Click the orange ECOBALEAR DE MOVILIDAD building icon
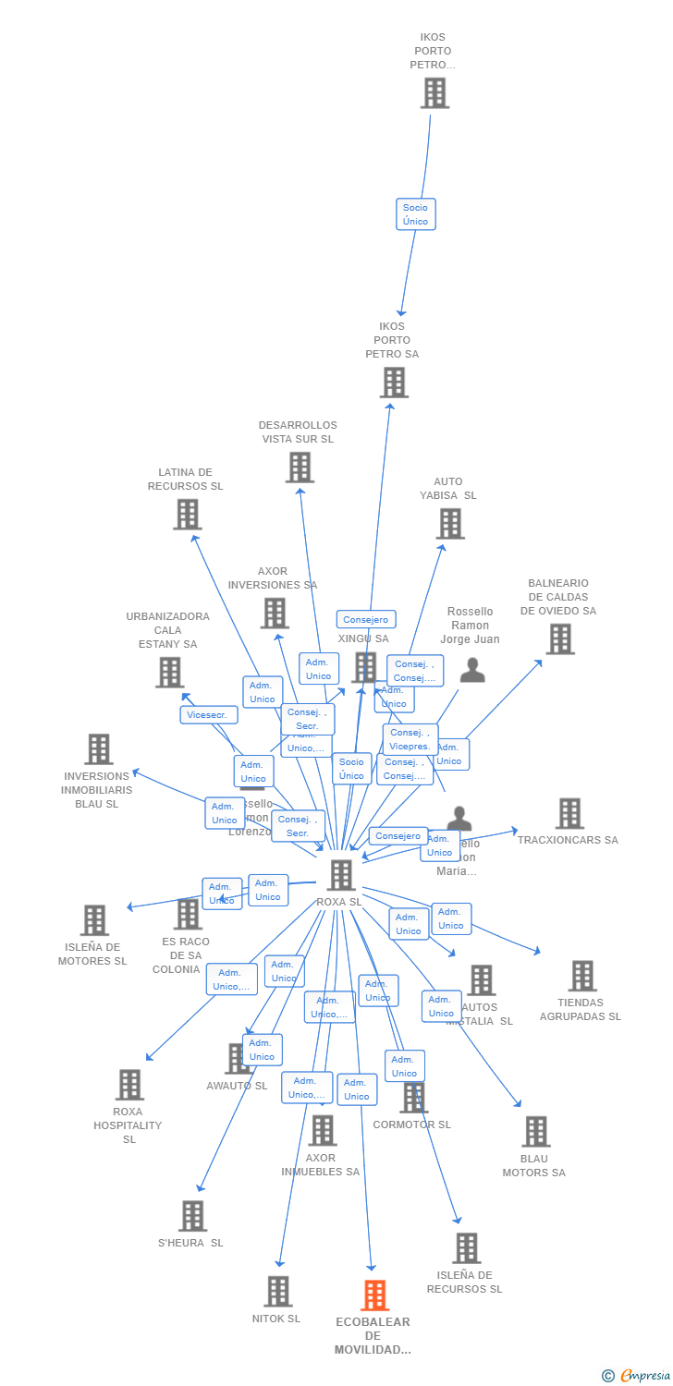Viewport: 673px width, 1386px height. click(x=374, y=1295)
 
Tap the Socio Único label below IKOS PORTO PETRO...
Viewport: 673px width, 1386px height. click(x=415, y=214)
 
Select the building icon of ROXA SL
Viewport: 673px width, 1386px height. click(x=341, y=875)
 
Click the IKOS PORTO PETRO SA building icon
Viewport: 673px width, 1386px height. click(x=394, y=383)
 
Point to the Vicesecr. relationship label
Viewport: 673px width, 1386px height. click(x=209, y=715)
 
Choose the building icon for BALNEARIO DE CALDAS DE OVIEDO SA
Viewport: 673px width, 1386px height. click(x=559, y=638)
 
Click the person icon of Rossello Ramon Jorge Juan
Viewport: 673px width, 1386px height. click(x=472, y=671)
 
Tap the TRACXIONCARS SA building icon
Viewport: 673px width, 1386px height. click(x=569, y=814)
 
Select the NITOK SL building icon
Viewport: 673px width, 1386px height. click(x=277, y=1292)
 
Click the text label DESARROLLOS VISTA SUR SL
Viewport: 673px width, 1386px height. click(x=298, y=432)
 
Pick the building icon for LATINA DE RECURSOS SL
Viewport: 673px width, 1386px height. click(x=187, y=515)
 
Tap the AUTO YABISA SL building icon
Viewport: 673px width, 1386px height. click(x=450, y=524)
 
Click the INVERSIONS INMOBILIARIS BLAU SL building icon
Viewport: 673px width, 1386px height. click(x=99, y=749)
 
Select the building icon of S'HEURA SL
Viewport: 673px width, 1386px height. click(x=192, y=1216)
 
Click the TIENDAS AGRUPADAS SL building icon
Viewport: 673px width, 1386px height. click(x=582, y=976)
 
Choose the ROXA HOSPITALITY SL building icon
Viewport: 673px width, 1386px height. click(x=129, y=1085)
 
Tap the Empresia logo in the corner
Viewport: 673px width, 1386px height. click(x=638, y=1376)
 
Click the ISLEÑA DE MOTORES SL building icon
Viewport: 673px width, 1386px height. click(x=94, y=920)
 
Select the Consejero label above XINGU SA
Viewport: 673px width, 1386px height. click(x=366, y=620)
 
